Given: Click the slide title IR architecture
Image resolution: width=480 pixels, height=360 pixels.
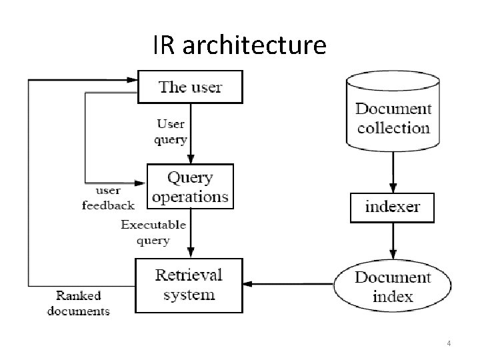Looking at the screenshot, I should [x=239, y=45].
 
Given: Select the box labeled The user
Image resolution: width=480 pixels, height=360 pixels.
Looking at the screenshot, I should [x=190, y=87].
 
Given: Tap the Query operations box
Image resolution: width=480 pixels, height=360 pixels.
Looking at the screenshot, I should [x=190, y=187].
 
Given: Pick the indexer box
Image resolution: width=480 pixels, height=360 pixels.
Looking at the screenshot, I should [x=392, y=207].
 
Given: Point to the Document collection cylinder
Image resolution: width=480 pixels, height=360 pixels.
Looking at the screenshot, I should [x=393, y=113].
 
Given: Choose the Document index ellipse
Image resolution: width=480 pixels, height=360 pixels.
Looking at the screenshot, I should [x=393, y=286].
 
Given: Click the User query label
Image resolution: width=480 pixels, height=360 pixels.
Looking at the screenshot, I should [x=170, y=131].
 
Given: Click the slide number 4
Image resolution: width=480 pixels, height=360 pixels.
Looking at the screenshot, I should [x=449, y=343].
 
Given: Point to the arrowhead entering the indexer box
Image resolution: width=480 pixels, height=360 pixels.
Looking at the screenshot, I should [x=393, y=188].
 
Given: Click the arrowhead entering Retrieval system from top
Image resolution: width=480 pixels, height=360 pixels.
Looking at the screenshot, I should [x=191, y=253].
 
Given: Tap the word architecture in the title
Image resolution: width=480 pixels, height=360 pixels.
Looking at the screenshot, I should [x=254, y=45].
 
